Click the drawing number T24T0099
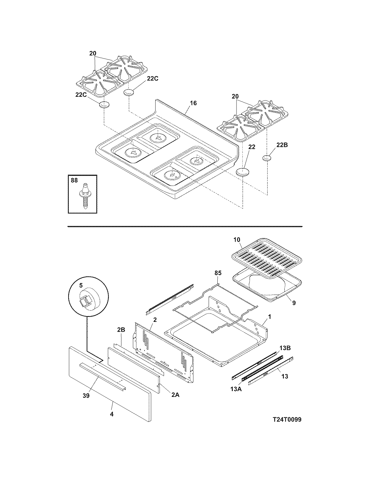[287, 420]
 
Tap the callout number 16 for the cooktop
[193, 103]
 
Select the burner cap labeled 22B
[267, 158]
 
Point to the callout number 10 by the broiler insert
[237, 240]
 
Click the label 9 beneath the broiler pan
[294, 303]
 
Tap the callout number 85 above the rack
[218, 273]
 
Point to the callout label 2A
[175, 394]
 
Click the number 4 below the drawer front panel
[112, 414]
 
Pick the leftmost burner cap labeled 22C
[104, 105]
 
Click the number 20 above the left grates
[93, 53]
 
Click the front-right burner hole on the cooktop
[173, 175]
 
